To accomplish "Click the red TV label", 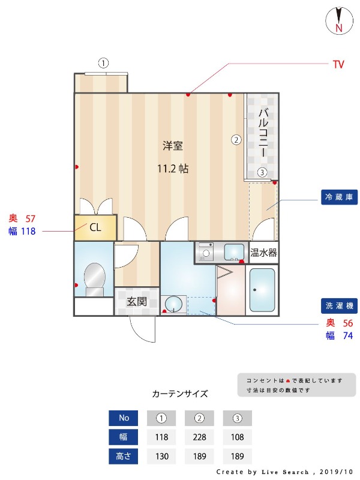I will pyautogui.click(x=338, y=64).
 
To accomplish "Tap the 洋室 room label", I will pyautogui.click(x=173, y=145).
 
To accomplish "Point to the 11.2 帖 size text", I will pyautogui.click(x=173, y=169).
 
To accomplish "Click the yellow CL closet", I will pyautogui.click(x=95, y=228).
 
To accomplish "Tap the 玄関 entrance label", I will pyautogui.click(x=137, y=301).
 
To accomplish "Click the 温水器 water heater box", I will pyautogui.click(x=263, y=253).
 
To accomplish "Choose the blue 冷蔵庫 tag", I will pyautogui.click(x=340, y=197).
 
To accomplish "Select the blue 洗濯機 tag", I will pyautogui.click(x=340, y=305).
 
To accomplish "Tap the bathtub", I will pyautogui.click(x=262, y=290).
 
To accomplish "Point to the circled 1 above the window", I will pyautogui.click(x=104, y=63).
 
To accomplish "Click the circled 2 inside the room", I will pyautogui.click(x=236, y=140).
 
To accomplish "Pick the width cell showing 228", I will pyautogui.click(x=200, y=437).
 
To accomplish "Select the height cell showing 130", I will pyautogui.click(x=162, y=456).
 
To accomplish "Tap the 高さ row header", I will pyautogui.click(x=124, y=456).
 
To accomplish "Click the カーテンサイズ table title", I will pyautogui.click(x=180, y=394).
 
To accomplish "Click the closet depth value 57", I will pyautogui.click(x=31, y=219).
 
